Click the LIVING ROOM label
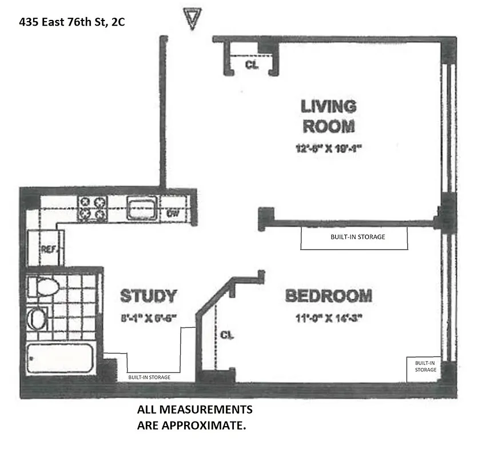(x=328, y=116)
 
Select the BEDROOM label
(x=328, y=296)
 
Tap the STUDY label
(x=148, y=296)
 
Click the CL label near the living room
(x=251, y=65)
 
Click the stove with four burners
(x=93, y=208)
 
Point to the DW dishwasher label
(x=173, y=214)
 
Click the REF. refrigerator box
(x=49, y=248)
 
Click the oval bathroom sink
(x=38, y=319)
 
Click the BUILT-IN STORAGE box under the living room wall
(x=354, y=238)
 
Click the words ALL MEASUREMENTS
(x=194, y=410)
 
